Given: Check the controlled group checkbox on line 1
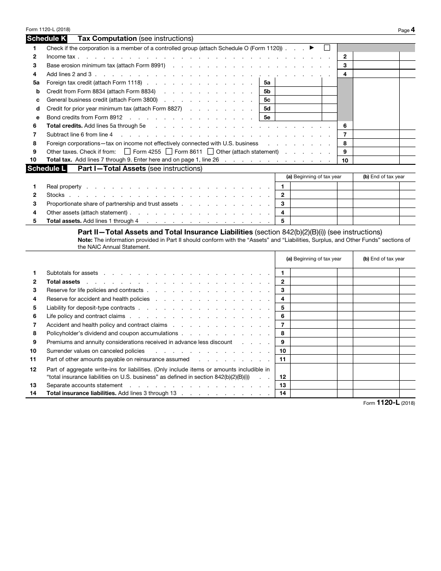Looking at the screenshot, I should coord(327,47).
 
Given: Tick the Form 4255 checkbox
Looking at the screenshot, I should coord(128,151).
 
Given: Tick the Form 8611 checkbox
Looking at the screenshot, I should coord(169,151).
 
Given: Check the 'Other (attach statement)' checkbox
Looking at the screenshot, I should coord(210,151).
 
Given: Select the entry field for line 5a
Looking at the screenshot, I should coord(298,83).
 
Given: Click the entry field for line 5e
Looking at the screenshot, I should coord(298,117).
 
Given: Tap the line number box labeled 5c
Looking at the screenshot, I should coord(267,100).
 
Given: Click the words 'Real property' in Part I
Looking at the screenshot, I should coord(64,187).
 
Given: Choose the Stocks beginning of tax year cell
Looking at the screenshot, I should coord(313,195).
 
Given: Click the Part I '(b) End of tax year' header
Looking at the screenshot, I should coord(383,176).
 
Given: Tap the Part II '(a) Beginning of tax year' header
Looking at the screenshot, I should coord(313,259).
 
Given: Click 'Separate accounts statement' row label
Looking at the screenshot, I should coord(84,385).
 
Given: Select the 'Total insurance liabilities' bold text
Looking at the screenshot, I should coord(81,394).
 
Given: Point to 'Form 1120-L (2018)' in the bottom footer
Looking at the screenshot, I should coord(389,403).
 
